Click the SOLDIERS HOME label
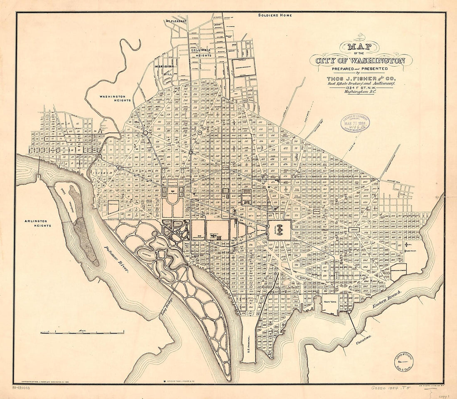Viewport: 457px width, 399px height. pyautogui.click(x=275, y=15)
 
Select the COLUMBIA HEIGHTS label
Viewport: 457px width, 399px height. pyautogui.click(x=201, y=52)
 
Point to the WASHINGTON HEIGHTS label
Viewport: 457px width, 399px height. pyautogui.click(x=115, y=98)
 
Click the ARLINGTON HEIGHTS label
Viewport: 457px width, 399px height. pyautogui.click(x=37, y=223)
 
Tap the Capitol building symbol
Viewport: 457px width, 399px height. pyautogui.click(x=279, y=229)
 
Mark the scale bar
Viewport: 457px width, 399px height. pyautogui.click(x=82, y=332)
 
